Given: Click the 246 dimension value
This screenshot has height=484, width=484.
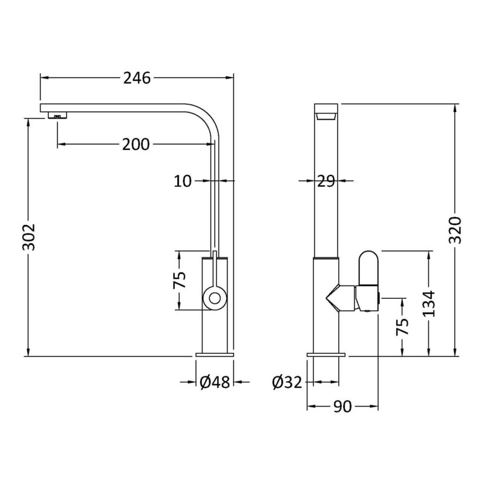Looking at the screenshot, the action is pos(137,78).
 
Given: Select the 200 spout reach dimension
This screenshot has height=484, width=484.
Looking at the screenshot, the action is pos(136,144).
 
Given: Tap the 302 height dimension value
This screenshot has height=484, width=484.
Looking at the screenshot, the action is pos(29,237).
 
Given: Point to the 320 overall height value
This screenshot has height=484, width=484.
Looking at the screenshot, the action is pos(455,230).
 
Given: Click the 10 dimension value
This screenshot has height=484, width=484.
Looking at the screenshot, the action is pos(183,181).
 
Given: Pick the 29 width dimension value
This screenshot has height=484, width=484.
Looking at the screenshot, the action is pos(326,181).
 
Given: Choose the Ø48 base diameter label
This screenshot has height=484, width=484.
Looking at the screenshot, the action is pos(215,382).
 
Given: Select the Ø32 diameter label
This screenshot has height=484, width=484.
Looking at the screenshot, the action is pos(287,382).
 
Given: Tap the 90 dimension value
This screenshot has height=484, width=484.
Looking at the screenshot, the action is pos(342,407).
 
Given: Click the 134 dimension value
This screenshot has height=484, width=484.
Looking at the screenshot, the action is pos(429,304).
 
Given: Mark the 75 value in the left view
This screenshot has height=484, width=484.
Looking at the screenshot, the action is pos(179,280).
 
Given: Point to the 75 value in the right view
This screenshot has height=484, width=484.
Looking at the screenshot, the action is pos(402,326).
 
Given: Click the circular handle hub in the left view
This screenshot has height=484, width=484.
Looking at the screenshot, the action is pos(215,298).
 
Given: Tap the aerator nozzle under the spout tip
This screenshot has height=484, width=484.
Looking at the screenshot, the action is pos(57,116).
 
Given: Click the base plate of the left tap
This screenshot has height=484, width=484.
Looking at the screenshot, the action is pos(215,355).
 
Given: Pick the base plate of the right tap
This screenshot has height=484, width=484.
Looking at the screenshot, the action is pos(326,355).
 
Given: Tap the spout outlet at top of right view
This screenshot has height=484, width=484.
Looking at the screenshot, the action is pos(326,116).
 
